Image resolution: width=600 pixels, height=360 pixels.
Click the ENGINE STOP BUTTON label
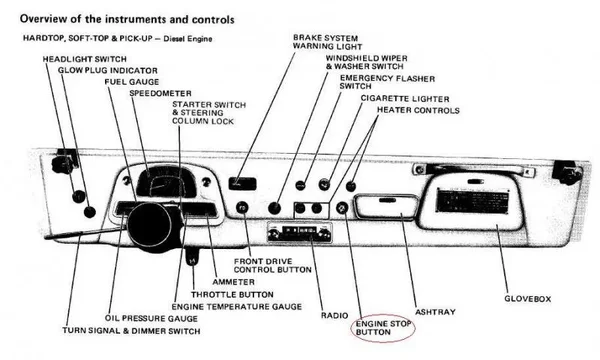(x=383, y=328)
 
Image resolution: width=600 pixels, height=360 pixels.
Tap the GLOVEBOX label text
(x=527, y=299)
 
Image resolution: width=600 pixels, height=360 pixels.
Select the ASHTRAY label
(x=435, y=312)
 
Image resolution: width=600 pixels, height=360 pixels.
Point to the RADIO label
(x=334, y=315)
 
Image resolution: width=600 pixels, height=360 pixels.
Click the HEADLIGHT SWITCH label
(x=84, y=59)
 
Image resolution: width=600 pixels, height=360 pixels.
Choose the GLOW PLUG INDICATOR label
(x=108, y=70)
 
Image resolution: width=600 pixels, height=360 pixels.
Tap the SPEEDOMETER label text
(x=160, y=93)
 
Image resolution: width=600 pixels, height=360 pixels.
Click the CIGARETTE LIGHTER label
(x=405, y=99)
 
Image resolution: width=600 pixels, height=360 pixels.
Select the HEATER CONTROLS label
(x=418, y=110)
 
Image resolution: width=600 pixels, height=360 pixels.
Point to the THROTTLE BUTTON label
(x=232, y=295)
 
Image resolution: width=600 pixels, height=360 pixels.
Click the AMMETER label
(x=233, y=282)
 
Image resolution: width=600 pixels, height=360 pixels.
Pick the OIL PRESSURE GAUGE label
(x=151, y=318)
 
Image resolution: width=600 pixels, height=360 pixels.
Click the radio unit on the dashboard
(x=300, y=232)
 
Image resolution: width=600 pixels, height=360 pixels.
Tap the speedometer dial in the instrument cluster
(x=167, y=184)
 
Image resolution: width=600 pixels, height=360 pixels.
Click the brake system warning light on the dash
(x=243, y=183)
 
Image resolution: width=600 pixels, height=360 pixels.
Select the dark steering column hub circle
(x=150, y=225)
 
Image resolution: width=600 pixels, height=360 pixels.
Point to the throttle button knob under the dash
(x=192, y=258)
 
